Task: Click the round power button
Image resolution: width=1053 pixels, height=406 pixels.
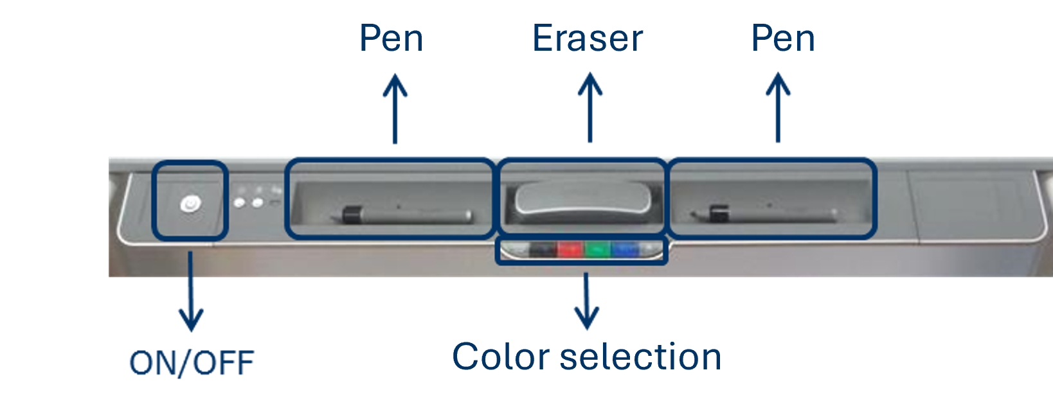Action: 191,204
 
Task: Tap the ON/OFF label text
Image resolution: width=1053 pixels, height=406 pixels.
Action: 192,363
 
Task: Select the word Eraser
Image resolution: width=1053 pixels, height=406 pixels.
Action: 588,38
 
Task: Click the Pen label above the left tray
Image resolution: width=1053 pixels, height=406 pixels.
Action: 391,38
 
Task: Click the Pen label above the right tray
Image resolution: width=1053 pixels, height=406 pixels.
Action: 783,38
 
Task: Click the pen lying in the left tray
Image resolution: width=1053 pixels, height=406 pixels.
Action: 401,215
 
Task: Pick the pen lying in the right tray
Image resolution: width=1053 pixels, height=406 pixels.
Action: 764,215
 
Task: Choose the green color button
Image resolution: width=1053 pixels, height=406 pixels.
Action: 597,249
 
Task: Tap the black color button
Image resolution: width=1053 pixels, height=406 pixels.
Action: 543,249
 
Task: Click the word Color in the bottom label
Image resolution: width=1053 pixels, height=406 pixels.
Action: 501,357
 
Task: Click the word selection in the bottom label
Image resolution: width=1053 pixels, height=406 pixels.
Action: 641,357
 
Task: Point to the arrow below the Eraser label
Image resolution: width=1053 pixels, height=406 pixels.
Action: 590,108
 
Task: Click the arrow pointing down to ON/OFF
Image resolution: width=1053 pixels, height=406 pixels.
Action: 190,292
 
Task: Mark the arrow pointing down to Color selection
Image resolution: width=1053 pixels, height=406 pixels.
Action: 586,301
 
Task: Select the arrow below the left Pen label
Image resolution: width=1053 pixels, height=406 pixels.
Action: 395,109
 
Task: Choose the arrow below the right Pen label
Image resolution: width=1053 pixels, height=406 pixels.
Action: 778,108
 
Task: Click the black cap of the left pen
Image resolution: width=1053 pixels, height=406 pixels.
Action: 352,215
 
